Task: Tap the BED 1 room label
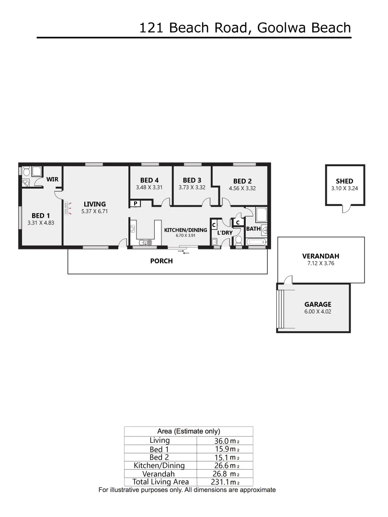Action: [x=40, y=215]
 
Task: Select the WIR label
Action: [x=52, y=179]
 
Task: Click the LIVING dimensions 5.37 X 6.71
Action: [x=94, y=211]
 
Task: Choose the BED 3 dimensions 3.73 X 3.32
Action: [x=192, y=188]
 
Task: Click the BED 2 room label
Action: [x=242, y=181]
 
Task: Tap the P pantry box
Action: [x=135, y=203]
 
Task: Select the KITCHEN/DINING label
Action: [x=185, y=230]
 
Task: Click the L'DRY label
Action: [x=225, y=233]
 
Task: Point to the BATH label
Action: [x=253, y=229]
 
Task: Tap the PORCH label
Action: [x=161, y=261]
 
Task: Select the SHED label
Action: [x=344, y=181]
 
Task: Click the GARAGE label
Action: [x=318, y=304]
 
